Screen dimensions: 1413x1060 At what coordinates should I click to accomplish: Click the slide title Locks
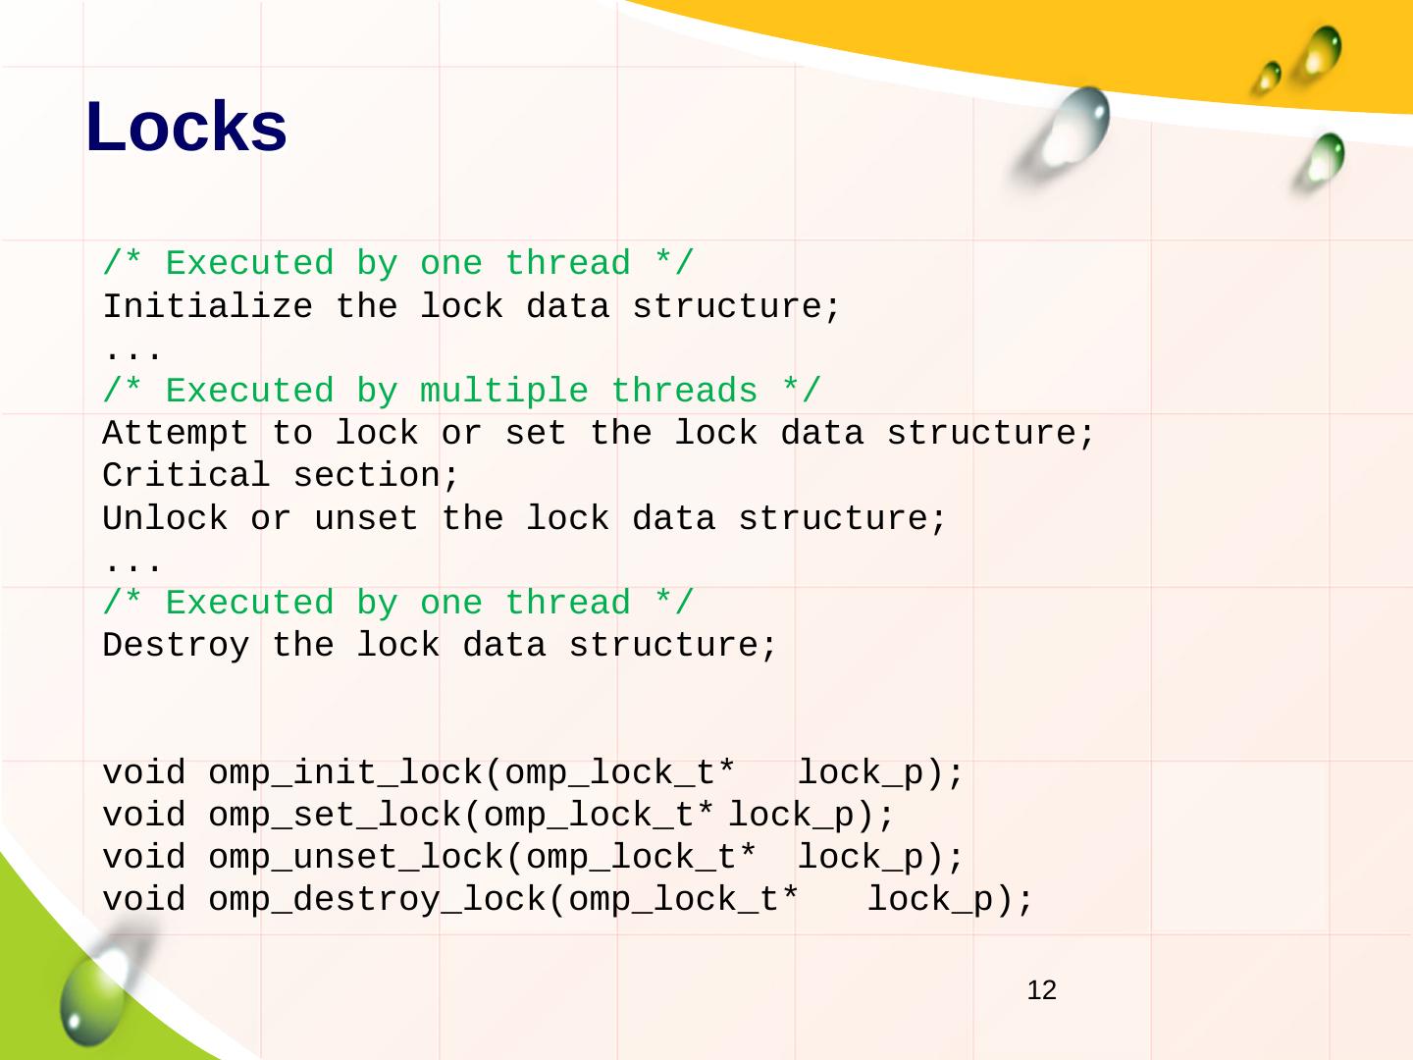tap(186, 128)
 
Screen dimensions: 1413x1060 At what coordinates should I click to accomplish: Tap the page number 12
tap(1041, 990)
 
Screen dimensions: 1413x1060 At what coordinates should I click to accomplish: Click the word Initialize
tap(207, 307)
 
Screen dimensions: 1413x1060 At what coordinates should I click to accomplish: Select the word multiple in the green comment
tap(503, 392)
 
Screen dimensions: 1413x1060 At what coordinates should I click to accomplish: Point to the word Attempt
tap(176, 434)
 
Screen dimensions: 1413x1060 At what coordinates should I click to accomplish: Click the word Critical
tap(186, 476)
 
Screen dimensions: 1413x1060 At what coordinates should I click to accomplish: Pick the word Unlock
tap(165, 518)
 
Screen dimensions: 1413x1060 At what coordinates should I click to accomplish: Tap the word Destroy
tap(176, 646)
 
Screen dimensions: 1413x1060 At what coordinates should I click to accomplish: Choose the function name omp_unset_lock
tap(356, 858)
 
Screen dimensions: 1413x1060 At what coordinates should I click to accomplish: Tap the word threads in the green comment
tap(684, 392)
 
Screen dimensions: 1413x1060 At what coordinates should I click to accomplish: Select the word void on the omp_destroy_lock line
tap(144, 900)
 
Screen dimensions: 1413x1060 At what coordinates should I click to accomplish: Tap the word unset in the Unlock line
tap(366, 518)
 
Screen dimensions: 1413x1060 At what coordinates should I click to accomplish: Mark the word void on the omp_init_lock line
tap(144, 773)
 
